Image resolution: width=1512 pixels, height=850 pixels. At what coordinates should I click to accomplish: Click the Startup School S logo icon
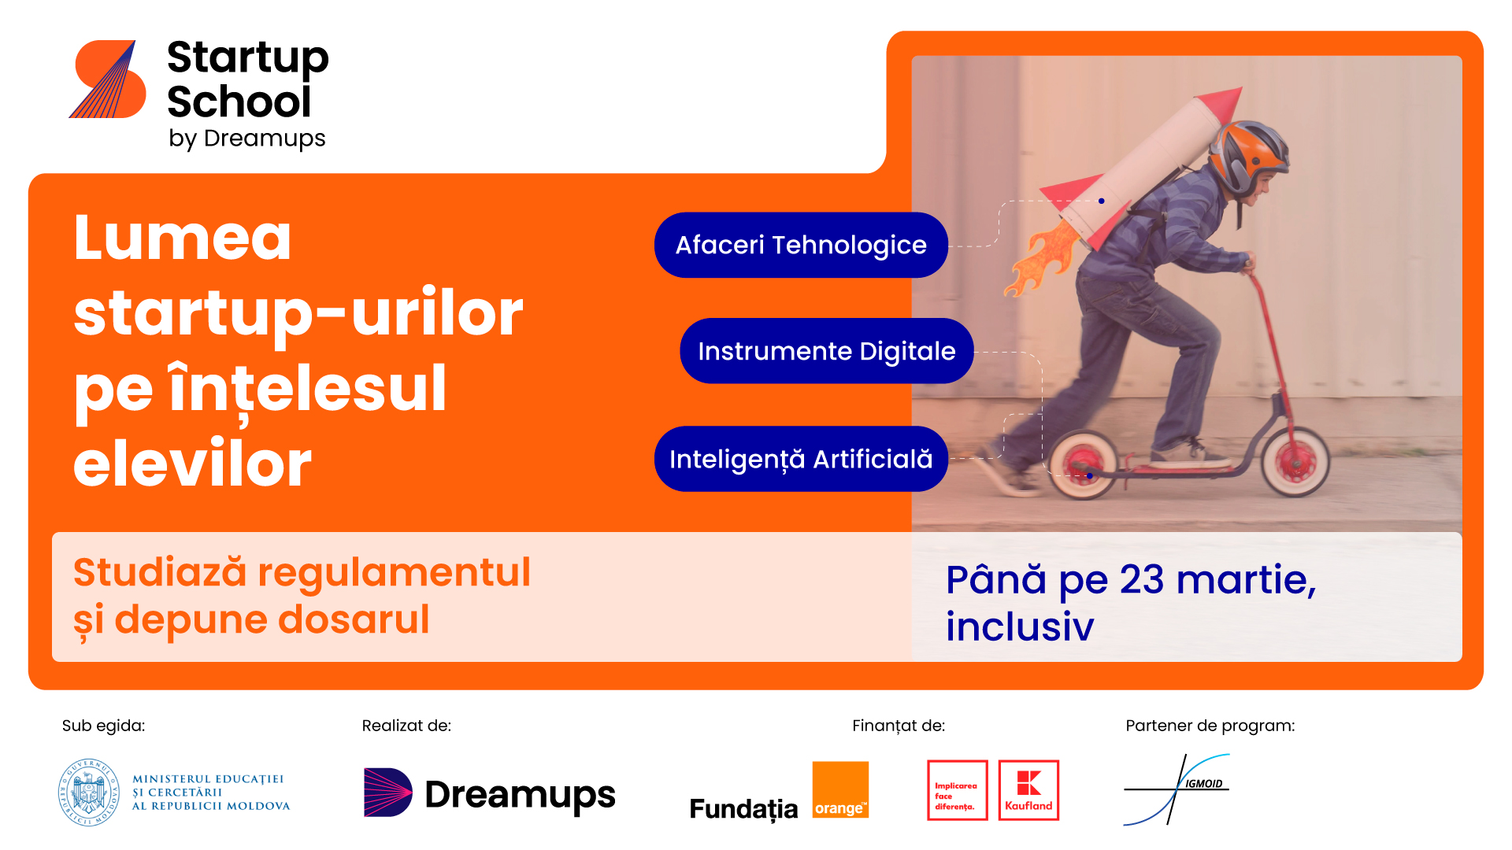[x=108, y=79]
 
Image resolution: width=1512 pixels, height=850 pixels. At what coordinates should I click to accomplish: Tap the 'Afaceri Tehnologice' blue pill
[x=801, y=245]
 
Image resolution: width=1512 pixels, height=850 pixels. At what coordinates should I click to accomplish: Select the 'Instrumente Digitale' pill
[x=827, y=351]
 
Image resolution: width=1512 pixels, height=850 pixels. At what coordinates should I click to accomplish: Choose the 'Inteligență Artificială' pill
[x=801, y=459]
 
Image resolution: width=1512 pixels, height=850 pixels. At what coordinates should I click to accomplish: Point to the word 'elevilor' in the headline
[x=193, y=464]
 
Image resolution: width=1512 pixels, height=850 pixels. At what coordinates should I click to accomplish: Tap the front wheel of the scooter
[x=1295, y=462]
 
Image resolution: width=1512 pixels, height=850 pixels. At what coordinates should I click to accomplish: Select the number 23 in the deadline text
[x=1141, y=580]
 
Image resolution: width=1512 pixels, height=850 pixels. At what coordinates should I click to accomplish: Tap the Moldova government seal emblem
[x=89, y=793]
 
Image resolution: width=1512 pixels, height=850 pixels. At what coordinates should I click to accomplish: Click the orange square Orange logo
[x=840, y=789]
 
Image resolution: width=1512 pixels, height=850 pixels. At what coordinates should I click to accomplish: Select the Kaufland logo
[x=1028, y=790]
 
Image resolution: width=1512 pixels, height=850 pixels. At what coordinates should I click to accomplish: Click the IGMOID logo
[x=1177, y=789]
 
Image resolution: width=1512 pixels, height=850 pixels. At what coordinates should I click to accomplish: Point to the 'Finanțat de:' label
[x=899, y=726]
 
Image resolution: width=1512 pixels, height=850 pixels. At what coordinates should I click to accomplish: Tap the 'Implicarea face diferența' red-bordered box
[x=958, y=790]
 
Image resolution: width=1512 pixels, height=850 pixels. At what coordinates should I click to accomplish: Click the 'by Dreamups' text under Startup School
[x=246, y=139]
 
